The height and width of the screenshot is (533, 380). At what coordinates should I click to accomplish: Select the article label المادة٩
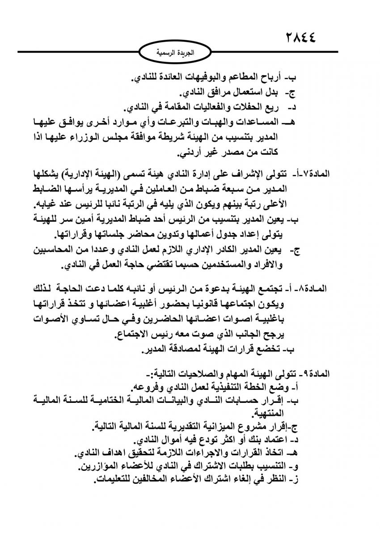pyautogui.click(x=315, y=373)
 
